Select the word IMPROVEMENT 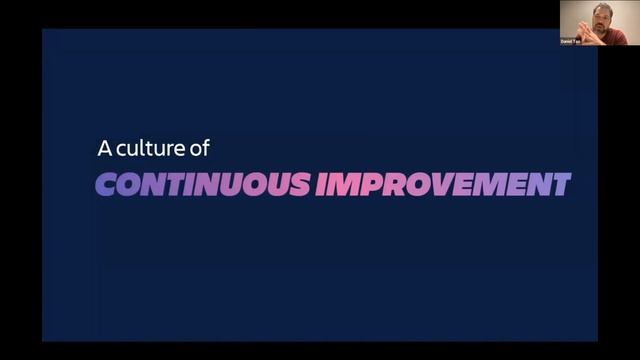tap(443, 184)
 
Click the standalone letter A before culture tap(103, 148)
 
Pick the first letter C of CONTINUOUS tap(106, 184)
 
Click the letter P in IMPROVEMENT tap(364, 184)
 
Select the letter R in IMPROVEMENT tap(386, 184)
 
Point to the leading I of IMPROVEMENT tap(322, 184)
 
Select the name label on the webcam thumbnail tap(570, 41)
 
